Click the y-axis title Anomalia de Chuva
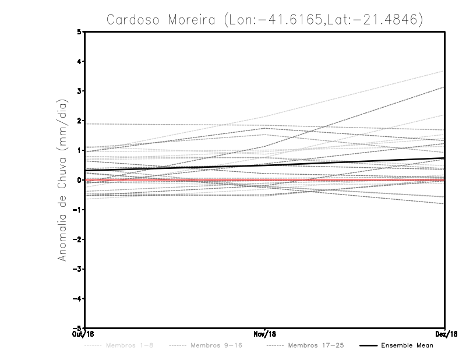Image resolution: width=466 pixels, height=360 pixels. coord(61,180)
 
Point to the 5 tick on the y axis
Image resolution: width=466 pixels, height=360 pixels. coord(79,31)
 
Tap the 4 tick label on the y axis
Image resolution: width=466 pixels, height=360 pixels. coord(79,61)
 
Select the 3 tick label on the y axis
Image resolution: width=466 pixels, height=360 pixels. coord(79,91)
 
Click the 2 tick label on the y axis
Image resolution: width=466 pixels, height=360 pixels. coord(79,121)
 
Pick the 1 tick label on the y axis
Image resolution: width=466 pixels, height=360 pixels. coord(79,150)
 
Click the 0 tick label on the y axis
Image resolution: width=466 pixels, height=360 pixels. coord(79,180)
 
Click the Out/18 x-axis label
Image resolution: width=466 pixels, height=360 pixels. coord(84,334)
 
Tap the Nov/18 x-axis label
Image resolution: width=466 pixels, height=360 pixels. coord(265,334)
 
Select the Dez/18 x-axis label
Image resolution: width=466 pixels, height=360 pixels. coord(445,334)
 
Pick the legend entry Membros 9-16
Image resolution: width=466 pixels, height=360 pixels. coord(216,346)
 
